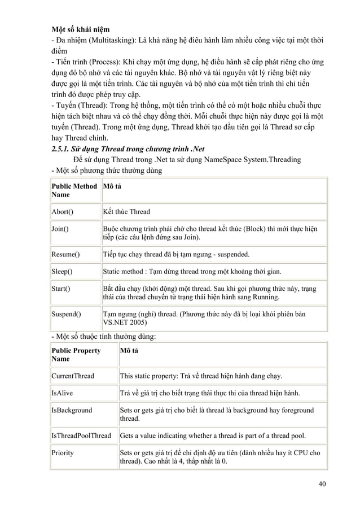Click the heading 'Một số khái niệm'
coord(80,28)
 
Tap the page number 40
coord(322,483)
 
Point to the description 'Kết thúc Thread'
coord(126,212)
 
